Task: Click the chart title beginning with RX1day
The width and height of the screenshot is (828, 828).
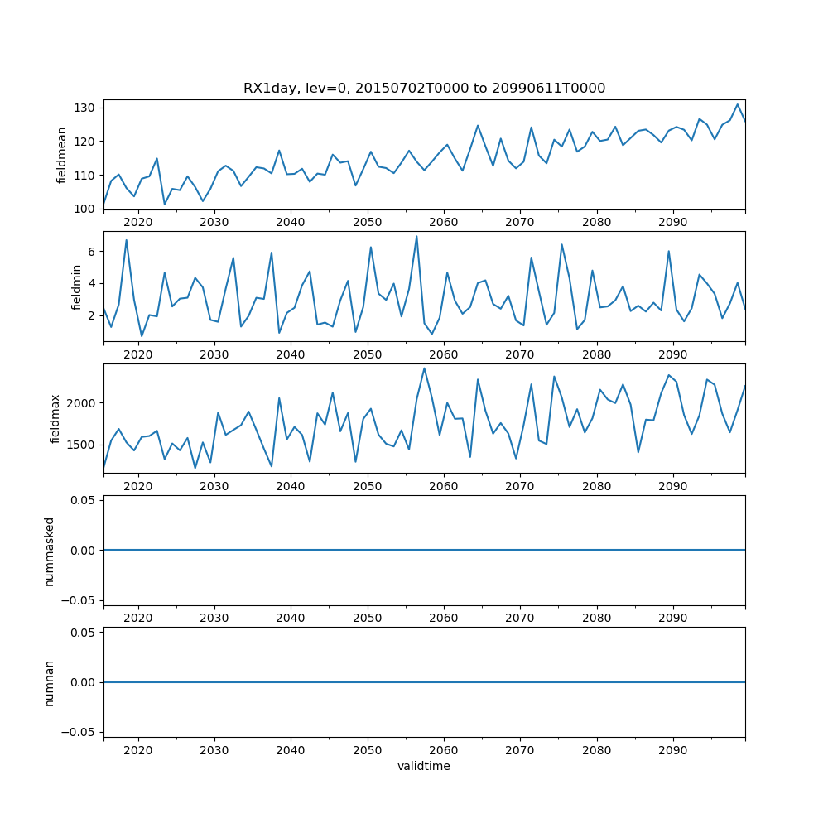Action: click(x=424, y=88)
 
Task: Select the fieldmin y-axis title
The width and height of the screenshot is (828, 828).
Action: click(x=77, y=286)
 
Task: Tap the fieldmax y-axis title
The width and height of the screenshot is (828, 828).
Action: click(x=55, y=418)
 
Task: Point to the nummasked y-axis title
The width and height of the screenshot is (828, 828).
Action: click(x=49, y=551)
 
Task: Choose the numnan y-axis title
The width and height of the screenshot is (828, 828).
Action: click(x=49, y=682)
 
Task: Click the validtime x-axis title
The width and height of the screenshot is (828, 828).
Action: click(x=424, y=767)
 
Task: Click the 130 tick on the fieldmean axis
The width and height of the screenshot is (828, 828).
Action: click(x=85, y=108)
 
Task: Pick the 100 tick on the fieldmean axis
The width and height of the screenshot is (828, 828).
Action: click(x=85, y=209)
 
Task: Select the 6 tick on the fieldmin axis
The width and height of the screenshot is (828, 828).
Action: click(x=91, y=251)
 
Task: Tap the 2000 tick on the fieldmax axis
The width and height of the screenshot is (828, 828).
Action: click(x=82, y=403)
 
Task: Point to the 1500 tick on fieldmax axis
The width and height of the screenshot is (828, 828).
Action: click(x=82, y=445)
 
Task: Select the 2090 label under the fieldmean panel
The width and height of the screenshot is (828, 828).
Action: click(x=672, y=222)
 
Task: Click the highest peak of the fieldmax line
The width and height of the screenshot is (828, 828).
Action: click(x=425, y=368)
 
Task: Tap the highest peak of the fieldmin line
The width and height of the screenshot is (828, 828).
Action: click(x=416, y=236)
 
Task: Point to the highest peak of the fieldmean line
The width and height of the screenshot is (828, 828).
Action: click(x=738, y=104)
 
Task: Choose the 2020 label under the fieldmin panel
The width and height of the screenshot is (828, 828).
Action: click(x=137, y=354)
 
